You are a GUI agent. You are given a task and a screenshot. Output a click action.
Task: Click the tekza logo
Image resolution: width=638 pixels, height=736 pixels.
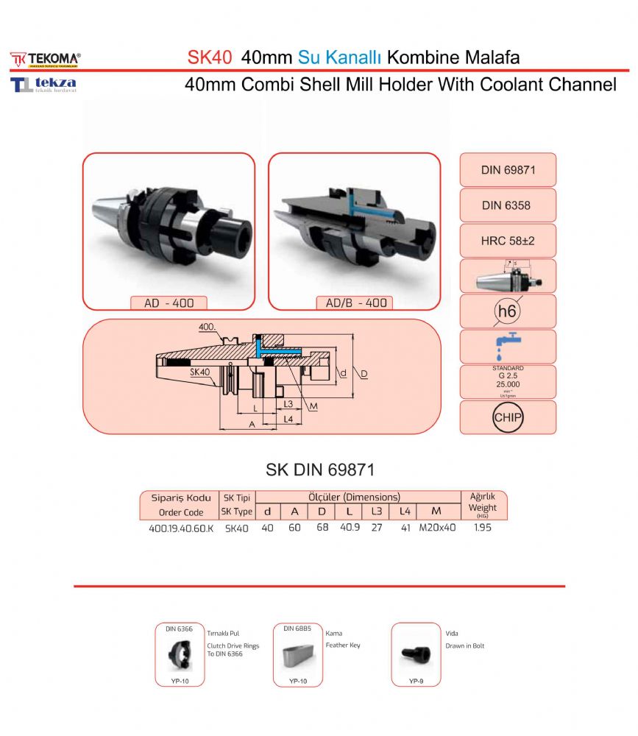[44, 85]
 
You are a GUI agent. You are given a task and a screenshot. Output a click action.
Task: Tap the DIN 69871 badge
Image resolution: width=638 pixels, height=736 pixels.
[507, 170]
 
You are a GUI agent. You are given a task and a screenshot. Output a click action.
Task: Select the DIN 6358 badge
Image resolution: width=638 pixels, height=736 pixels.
[507, 205]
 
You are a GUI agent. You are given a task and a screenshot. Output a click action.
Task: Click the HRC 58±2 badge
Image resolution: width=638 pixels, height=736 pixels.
[507, 241]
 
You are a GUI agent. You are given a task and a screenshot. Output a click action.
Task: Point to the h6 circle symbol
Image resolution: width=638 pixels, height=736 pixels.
[507, 311]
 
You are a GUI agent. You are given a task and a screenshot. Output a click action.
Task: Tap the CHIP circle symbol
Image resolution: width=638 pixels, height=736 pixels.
[507, 417]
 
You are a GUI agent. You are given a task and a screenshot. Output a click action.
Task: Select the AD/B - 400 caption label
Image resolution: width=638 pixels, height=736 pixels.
[355, 302]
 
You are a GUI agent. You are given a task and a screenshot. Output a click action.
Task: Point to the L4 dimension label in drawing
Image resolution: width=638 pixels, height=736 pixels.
[289, 418]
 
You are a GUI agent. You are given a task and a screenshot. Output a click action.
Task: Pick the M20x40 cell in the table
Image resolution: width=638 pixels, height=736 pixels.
[437, 528]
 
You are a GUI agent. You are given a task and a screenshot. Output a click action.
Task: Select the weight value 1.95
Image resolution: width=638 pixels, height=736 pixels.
[483, 528]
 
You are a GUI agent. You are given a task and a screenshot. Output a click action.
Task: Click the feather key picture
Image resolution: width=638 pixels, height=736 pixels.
[298, 654]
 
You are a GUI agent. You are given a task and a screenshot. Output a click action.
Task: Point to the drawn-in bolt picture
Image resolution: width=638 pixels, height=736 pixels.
[415, 653]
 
